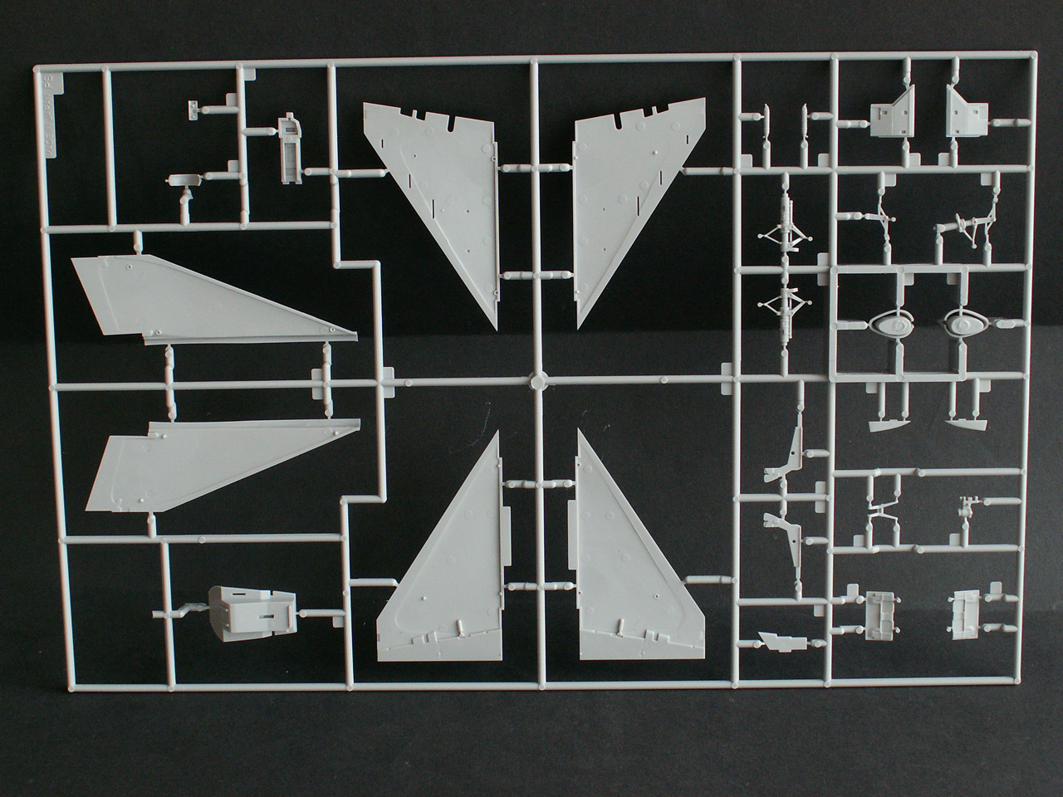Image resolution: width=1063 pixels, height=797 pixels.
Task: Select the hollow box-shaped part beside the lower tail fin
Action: click(x=249, y=613)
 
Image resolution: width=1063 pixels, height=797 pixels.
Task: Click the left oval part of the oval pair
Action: click(x=890, y=325)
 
